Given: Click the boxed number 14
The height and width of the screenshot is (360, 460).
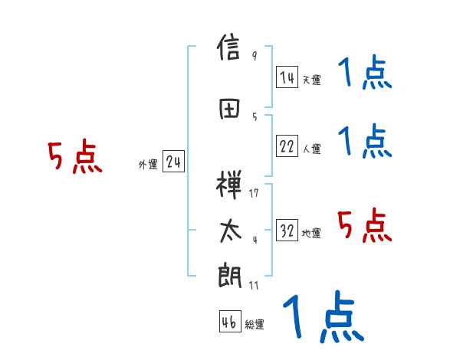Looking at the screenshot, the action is coord(287,77).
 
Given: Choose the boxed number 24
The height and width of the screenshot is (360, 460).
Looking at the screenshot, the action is coord(173,163).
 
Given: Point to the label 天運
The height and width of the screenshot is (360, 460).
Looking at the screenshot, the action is coord(311,80).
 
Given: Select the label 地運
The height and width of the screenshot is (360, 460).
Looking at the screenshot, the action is coord(311,234).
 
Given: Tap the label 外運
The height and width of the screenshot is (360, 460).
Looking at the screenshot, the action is coord(148,165).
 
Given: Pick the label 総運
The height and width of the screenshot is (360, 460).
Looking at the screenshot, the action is coord(255,325).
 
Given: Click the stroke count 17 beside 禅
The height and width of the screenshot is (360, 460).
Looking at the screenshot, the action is coord(254,192).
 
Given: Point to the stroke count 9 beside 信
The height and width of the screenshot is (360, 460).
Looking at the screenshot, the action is coord(254,56).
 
